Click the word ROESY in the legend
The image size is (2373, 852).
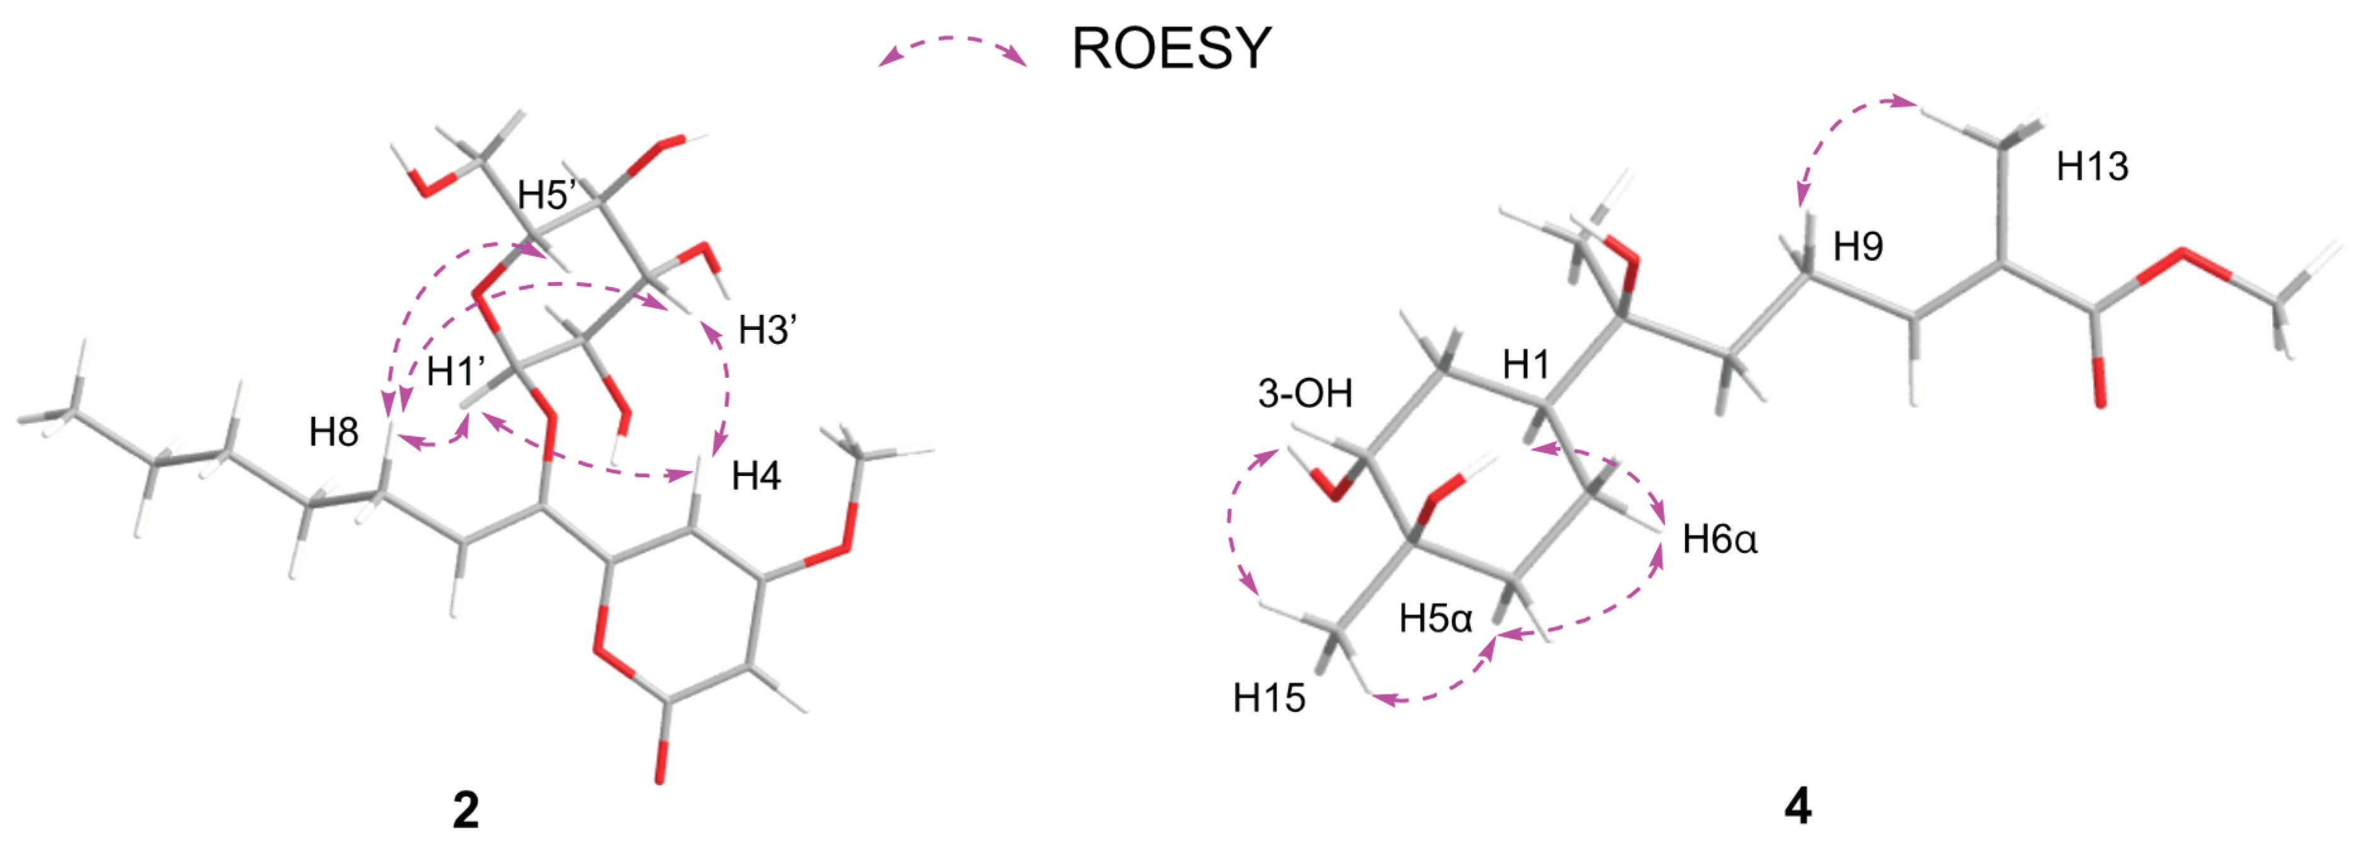point(1171,49)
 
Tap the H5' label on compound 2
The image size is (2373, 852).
point(547,195)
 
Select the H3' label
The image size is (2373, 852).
point(767,330)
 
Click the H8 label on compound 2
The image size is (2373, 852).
point(333,432)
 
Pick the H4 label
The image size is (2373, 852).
point(755,476)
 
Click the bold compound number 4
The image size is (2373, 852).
point(1797,808)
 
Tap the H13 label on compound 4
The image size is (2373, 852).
point(2092,167)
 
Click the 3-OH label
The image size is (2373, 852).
point(1305,394)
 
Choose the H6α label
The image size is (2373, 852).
point(1719,540)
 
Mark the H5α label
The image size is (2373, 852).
point(1435,619)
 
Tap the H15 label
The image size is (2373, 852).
point(1269,698)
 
